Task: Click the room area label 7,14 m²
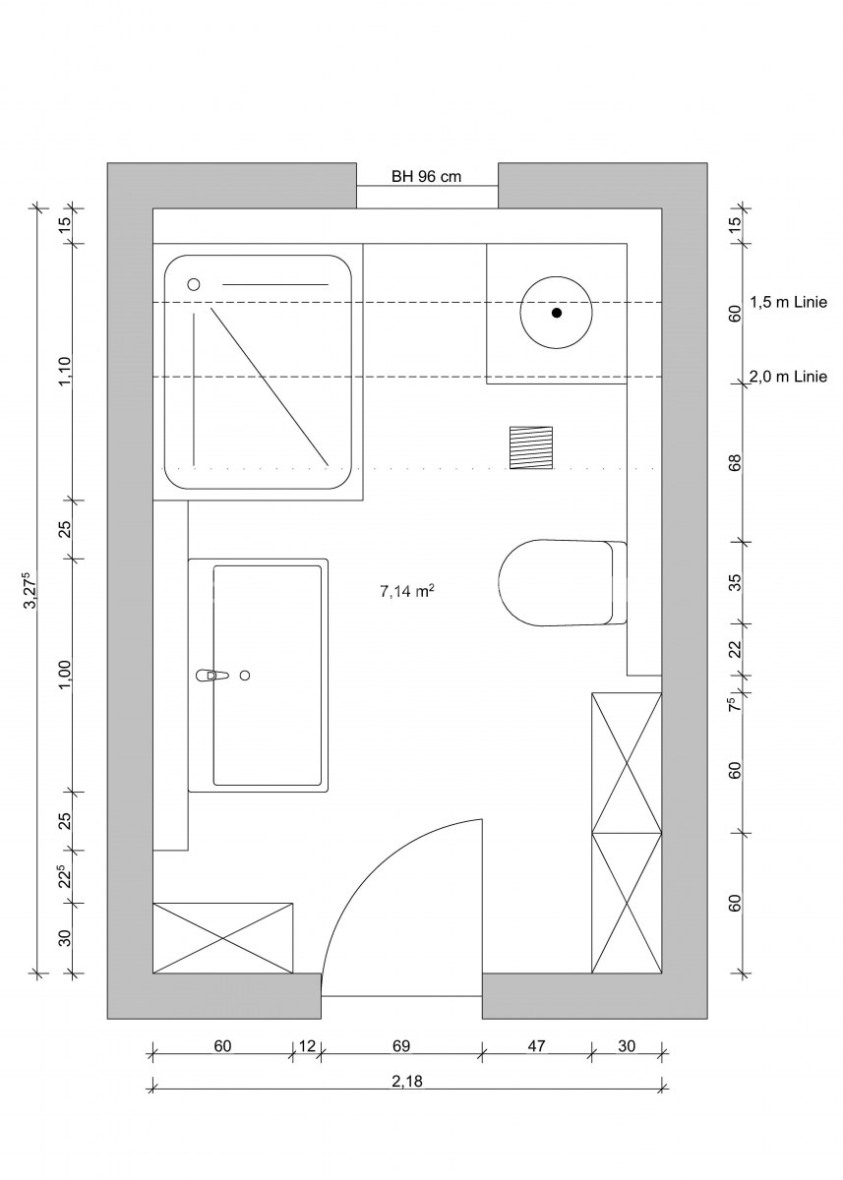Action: coord(407,591)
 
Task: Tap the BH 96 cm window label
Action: coord(426,176)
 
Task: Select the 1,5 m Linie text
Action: coord(788,303)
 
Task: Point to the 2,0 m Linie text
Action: coord(788,377)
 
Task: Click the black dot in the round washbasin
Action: coord(557,313)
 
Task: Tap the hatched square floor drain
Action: coord(531,447)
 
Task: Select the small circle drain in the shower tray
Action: coord(194,284)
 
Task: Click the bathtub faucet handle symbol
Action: coord(212,676)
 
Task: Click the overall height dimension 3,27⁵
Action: coord(30,590)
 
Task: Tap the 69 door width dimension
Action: coord(401,1045)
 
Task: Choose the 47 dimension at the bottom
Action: coord(536,1045)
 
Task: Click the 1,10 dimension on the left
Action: coord(64,372)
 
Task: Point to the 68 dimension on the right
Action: coord(736,463)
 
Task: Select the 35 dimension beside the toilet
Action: coord(736,582)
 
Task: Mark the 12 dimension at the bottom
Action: coord(307,1045)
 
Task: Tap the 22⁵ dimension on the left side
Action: coord(64,876)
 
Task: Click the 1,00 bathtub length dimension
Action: coord(64,675)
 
